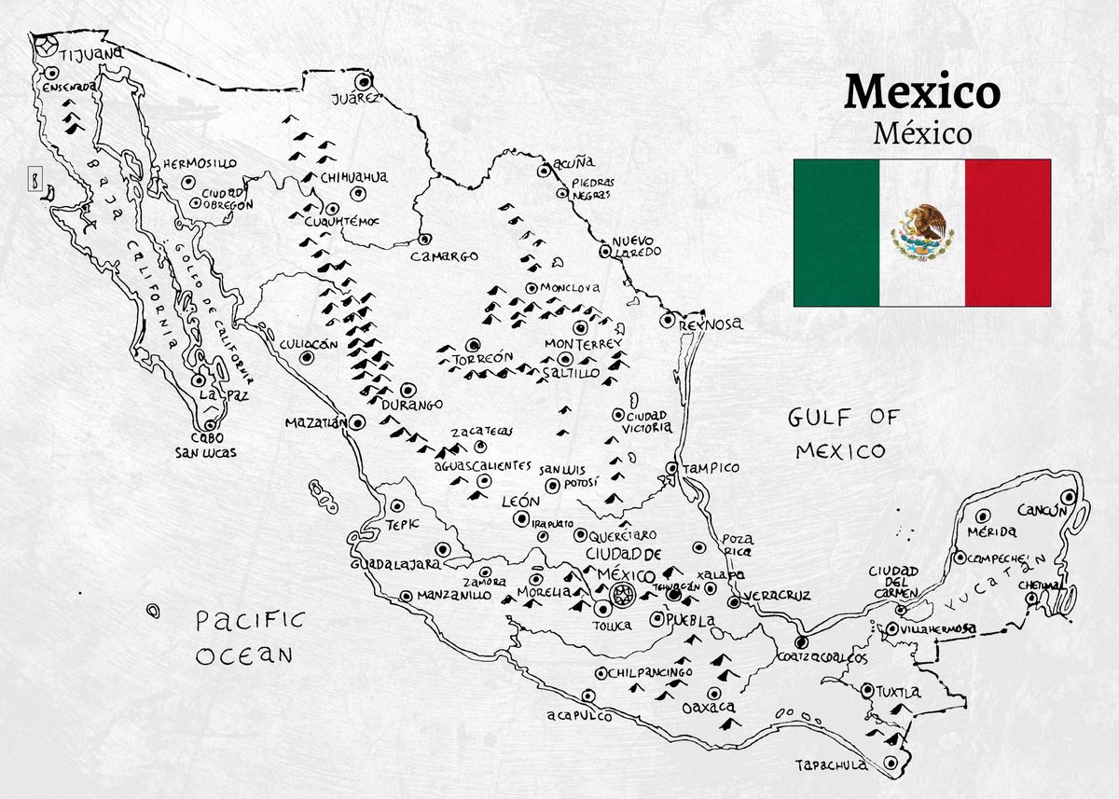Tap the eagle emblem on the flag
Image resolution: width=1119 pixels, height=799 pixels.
[x=922, y=232]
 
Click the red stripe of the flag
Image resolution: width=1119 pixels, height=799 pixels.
[x=1007, y=233]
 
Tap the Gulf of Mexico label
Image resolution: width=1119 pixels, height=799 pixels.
[x=840, y=434]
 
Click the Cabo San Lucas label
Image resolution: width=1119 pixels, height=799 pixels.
[x=205, y=445]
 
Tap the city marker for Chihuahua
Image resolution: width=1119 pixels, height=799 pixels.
[x=356, y=194]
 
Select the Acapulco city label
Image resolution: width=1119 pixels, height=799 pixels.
[x=579, y=716]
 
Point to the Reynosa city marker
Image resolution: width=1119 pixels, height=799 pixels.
[x=667, y=320]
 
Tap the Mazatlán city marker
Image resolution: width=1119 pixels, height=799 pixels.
[x=357, y=421]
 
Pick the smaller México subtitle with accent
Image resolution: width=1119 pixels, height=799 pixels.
[x=921, y=133]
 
